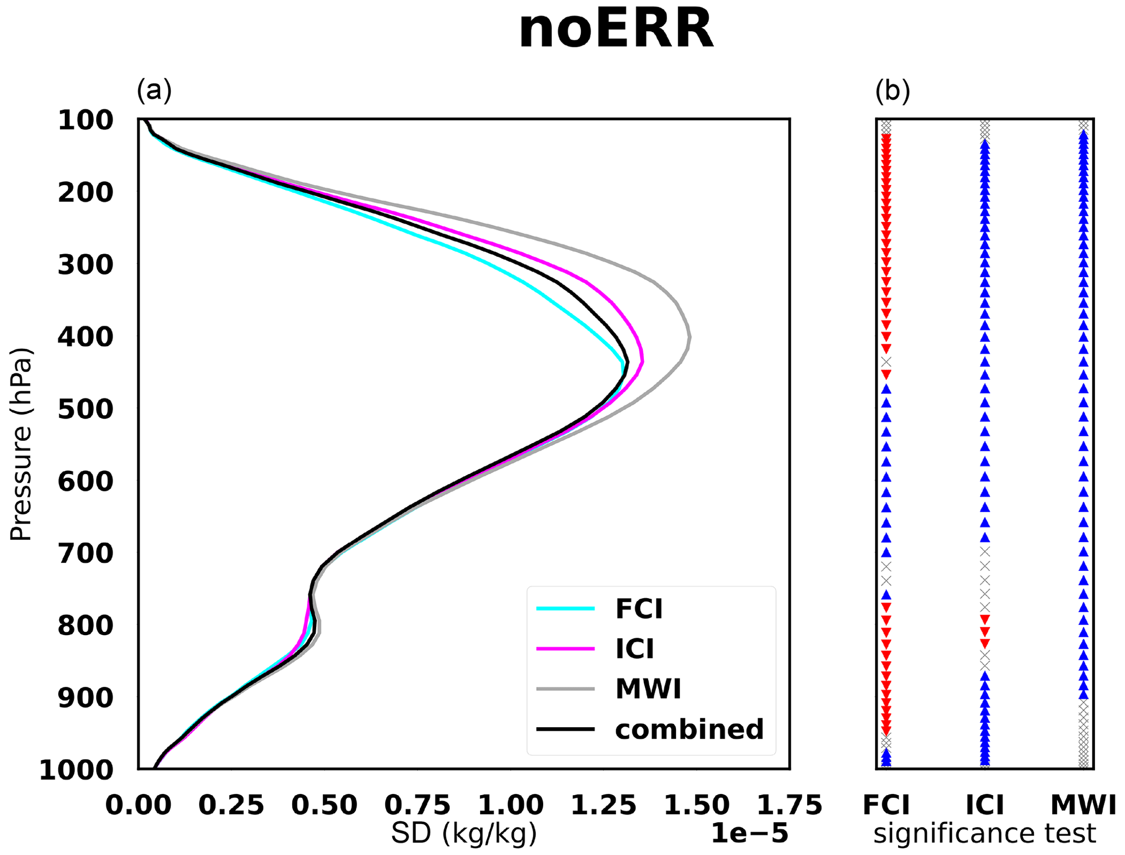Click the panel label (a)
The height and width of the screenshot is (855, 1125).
click(x=154, y=90)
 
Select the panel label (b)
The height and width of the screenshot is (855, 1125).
click(x=893, y=90)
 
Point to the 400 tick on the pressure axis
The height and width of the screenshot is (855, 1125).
click(x=85, y=337)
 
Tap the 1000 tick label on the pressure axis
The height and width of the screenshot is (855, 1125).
click(x=76, y=770)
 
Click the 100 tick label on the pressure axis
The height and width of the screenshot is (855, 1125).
click(x=85, y=120)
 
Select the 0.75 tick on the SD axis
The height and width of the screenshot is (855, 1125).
click(x=417, y=804)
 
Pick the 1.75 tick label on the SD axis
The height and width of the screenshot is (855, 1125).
click(x=789, y=804)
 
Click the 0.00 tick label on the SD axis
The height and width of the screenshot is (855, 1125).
click(x=138, y=804)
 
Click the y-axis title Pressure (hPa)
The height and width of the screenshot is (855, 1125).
click(x=22, y=445)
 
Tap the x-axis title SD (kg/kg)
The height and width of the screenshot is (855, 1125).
click(x=464, y=834)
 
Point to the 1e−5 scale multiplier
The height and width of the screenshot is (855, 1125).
click(x=749, y=834)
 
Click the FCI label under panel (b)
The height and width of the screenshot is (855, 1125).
click(x=886, y=804)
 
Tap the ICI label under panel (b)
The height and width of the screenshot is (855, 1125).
click(x=985, y=804)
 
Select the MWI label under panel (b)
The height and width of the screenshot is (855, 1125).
click(x=1083, y=804)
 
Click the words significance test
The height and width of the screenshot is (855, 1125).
click(x=985, y=834)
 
